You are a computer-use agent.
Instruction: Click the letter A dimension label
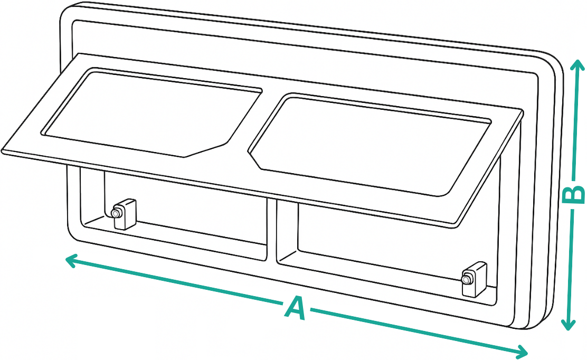pyautogui.click(x=296, y=308)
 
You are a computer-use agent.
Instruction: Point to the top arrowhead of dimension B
pyautogui.click(x=576, y=66)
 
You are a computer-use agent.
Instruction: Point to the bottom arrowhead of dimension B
pyautogui.click(x=569, y=324)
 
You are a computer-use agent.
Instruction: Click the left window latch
pyautogui.click(x=124, y=214)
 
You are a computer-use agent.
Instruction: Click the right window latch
pyautogui.click(x=474, y=279)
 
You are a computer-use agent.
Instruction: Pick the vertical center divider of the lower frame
pyautogui.click(x=272, y=228)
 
